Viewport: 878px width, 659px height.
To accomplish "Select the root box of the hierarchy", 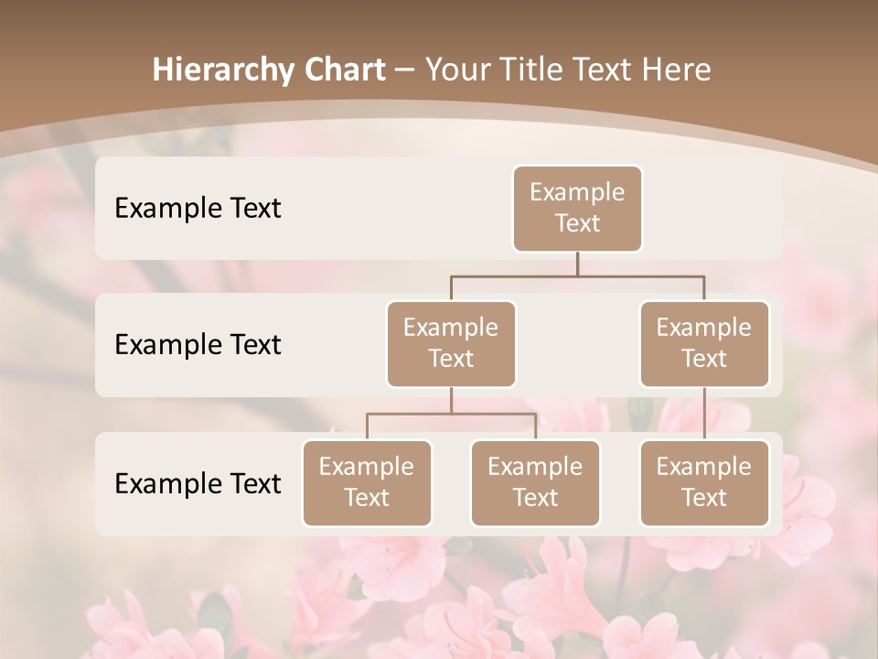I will pos(577,208).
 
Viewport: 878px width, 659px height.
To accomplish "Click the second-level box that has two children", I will pos(451,343).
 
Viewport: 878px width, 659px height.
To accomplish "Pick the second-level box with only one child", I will pos(704,343).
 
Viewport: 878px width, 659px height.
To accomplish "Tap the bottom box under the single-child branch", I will pos(704,482).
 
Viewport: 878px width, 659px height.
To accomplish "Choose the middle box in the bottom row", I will pos(535,482).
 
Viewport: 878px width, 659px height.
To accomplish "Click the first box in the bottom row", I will pos(367,482).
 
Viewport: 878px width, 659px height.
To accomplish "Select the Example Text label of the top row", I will pos(198,208).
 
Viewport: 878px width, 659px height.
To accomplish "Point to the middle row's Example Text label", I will pos(198,344).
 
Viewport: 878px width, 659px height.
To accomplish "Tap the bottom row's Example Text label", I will pos(198,483).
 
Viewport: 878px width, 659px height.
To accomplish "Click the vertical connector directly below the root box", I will pos(577,264).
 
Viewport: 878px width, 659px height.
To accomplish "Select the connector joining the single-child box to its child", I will pos(704,414).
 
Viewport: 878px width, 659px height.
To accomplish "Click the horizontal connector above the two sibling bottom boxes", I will pos(451,414).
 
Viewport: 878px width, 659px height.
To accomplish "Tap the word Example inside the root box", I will pos(577,192).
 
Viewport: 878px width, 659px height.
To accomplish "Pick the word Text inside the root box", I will pos(577,223).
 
